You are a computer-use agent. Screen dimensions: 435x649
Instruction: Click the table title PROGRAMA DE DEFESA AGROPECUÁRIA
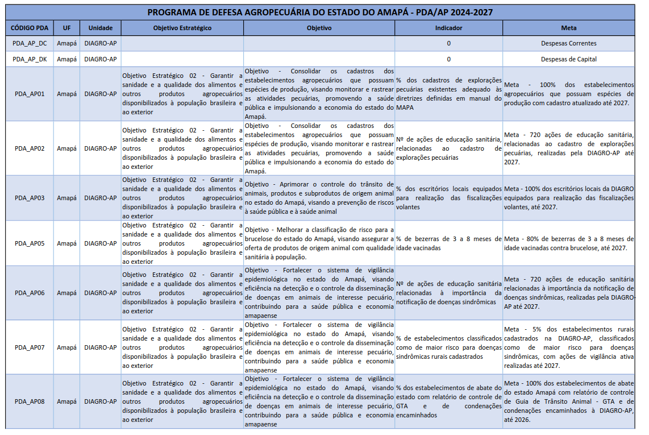point(320,12)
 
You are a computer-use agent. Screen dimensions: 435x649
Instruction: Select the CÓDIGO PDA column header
point(30,28)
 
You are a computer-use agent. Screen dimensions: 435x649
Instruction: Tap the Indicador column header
point(448,28)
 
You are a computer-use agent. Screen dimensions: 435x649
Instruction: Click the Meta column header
point(568,28)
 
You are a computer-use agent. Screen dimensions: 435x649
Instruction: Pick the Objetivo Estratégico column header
point(182,28)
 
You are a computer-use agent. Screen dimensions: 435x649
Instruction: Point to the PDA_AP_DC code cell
point(30,43)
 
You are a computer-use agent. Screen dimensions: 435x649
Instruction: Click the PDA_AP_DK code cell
point(30,59)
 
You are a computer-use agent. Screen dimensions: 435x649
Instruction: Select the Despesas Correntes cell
point(568,43)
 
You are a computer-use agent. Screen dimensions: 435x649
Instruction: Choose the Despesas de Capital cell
point(568,59)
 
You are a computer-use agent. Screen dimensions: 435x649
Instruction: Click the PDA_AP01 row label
point(30,94)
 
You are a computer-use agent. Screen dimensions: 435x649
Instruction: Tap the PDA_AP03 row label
point(30,198)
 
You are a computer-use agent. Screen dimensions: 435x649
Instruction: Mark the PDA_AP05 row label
point(30,243)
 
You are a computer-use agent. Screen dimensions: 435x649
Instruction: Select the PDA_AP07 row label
point(30,347)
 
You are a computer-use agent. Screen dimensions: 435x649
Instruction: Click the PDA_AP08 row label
point(30,401)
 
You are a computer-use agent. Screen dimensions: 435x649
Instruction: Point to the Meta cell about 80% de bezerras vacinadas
point(568,243)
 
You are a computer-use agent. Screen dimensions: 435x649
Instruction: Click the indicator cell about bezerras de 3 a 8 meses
point(448,243)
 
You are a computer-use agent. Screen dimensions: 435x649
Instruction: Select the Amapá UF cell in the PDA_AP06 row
point(66,293)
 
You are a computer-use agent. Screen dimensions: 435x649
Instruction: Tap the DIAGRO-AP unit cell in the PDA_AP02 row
point(101,148)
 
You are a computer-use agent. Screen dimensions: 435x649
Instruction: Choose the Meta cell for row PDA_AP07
point(568,347)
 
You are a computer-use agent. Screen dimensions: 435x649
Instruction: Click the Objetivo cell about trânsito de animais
point(319,198)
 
